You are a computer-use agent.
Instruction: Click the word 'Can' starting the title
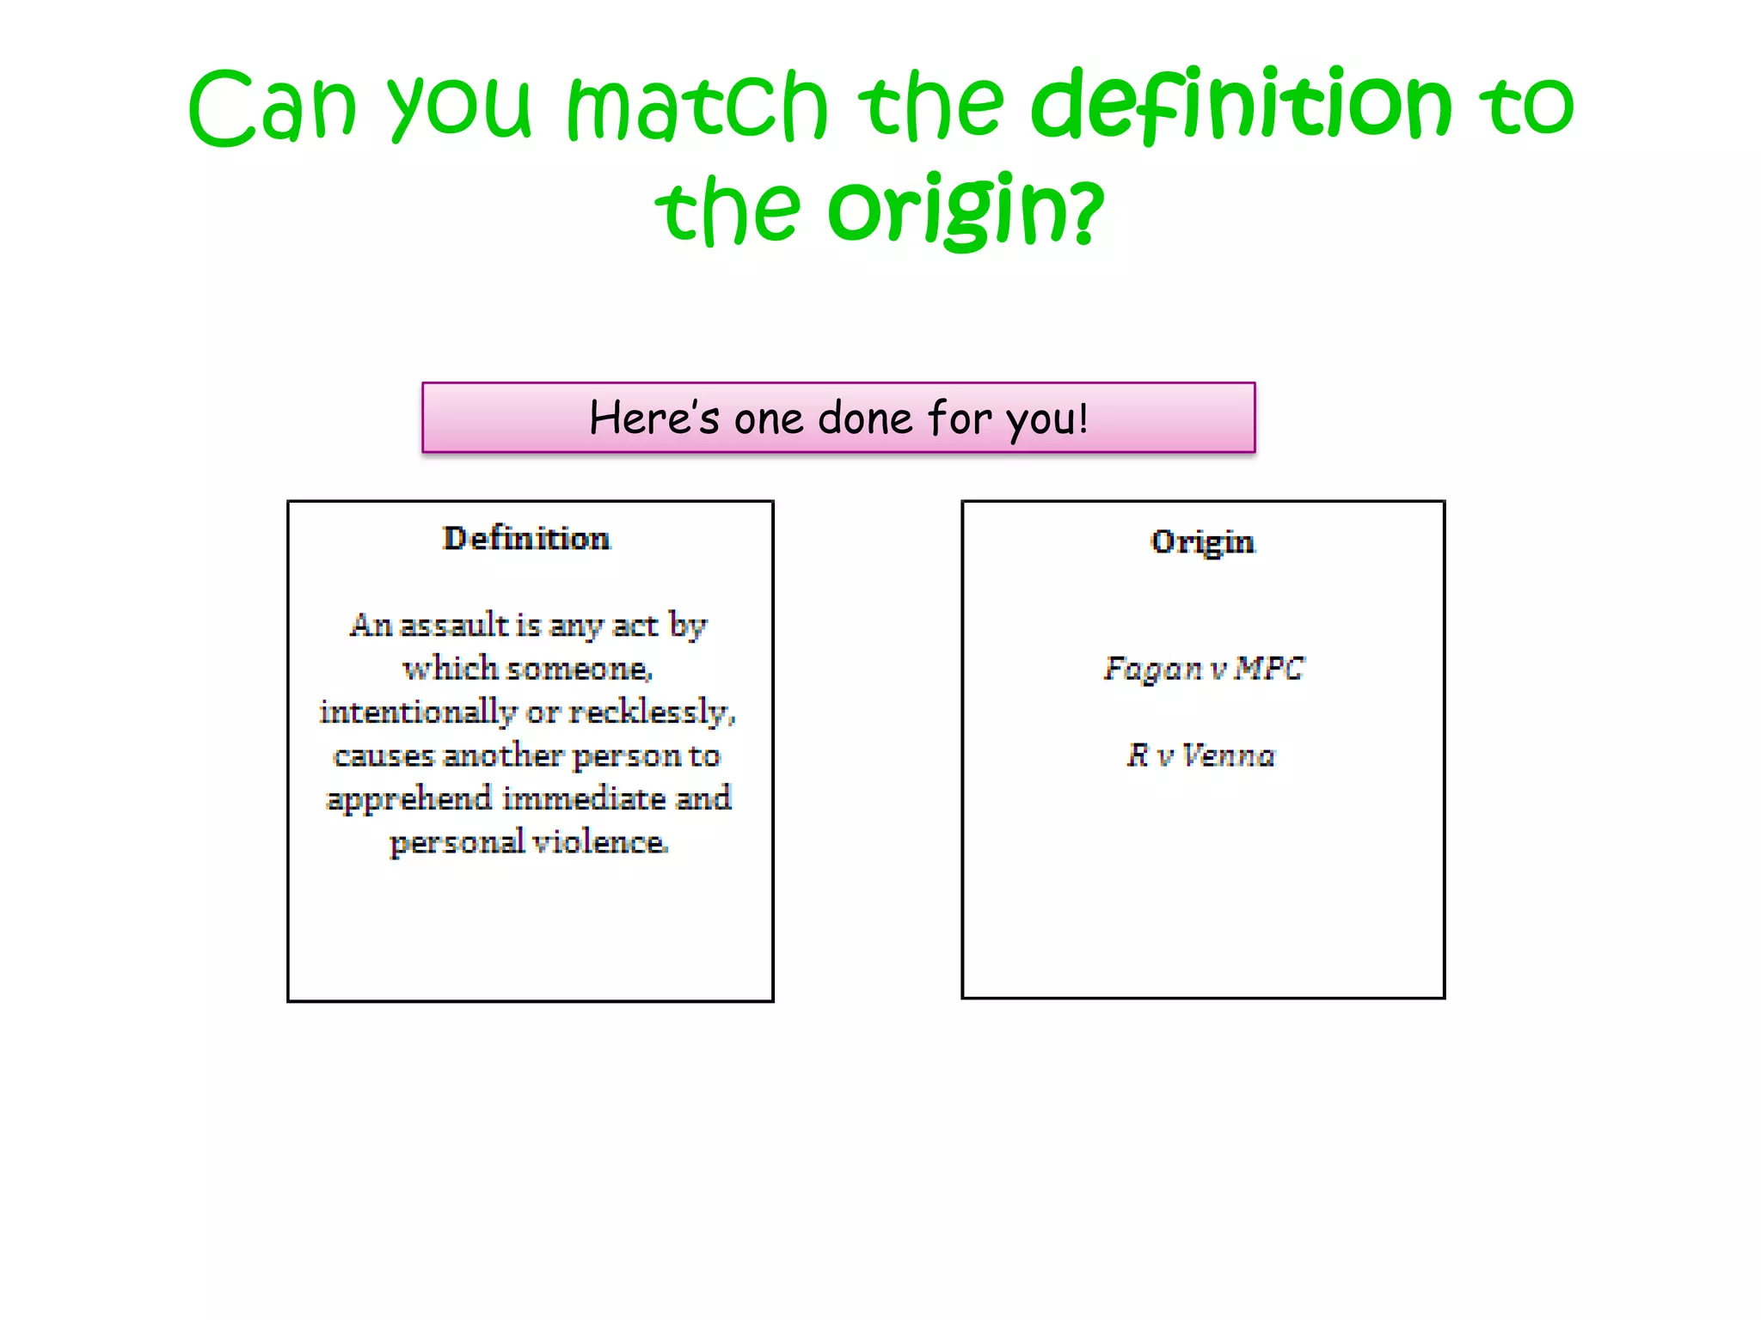pos(272,107)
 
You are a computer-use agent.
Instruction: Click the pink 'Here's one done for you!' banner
pos(838,418)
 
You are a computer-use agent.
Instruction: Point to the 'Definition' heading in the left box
pos(526,539)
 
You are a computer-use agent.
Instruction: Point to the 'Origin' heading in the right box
pos(1202,542)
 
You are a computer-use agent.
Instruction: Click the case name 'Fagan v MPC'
pos(1204,669)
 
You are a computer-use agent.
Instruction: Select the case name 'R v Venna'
pos(1201,755)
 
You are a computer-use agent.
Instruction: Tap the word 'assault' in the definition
pos(454,625)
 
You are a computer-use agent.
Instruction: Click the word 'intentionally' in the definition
pos(418,712)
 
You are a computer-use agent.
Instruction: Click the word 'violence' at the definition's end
pos(599,842)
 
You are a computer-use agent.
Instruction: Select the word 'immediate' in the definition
pos(584,799)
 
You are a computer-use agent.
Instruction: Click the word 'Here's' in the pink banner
pos(653,419)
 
